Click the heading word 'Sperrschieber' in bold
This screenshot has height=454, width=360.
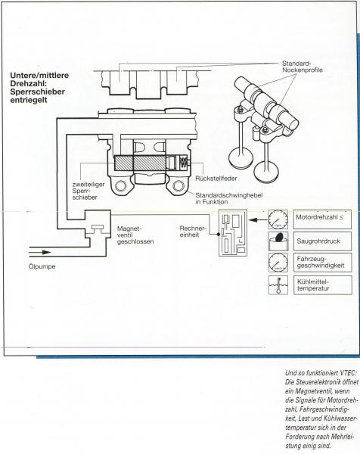coord(37,92)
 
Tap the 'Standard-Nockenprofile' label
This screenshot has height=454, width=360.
coord(302,67)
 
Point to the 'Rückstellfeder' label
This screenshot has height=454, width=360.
coord(216,179)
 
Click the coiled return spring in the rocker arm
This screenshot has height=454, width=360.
coord(183,162)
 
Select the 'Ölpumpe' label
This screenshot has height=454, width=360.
coord(42,266)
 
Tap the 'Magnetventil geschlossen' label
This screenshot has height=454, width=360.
coord(135,235)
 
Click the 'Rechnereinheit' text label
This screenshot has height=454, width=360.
coord(192,232)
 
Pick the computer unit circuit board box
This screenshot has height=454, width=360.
coord(233,232)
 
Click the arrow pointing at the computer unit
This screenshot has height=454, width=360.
coord(258,220)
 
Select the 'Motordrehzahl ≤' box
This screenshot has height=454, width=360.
coord(323,219)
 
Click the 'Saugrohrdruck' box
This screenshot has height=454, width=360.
coord(323,241)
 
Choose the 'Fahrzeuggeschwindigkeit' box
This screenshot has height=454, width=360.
coord(323,263)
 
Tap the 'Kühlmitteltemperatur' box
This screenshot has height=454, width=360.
coord(323,285)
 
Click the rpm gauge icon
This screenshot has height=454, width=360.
coord(278,219)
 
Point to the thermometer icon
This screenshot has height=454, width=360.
coord(278,285)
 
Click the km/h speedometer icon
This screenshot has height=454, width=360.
coord(278,263)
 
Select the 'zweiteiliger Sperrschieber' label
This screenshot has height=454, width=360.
coord(88,191)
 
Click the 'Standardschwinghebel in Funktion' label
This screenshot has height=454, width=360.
coord(229,198)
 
